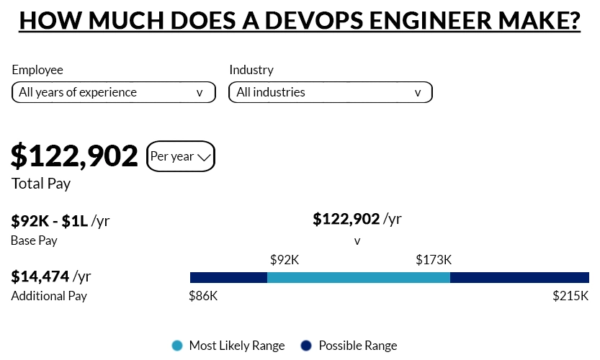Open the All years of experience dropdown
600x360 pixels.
pos(113,92)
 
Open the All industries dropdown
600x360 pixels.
pos(330,92)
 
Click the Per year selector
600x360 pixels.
pos(180,156)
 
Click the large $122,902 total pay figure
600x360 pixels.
pos(74,156)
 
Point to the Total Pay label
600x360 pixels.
pos(41,184)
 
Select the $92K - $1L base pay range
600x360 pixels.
pos(50,220)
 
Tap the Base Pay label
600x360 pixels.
pos(34,240)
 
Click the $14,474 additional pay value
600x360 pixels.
pos(40,276)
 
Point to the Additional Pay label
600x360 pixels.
pos(49,296)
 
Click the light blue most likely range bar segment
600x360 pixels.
pos(358,278)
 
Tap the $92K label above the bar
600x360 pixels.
pos(284,259)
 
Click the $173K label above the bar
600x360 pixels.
pos(434,259)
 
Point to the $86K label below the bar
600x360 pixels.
pos(203,296)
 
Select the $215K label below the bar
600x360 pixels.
pos(570,296)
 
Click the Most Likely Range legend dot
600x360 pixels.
pos(178,346)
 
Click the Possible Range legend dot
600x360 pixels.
pos(306,346)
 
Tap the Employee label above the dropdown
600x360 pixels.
pos(37,70)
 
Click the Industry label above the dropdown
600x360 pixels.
pos(251,70)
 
